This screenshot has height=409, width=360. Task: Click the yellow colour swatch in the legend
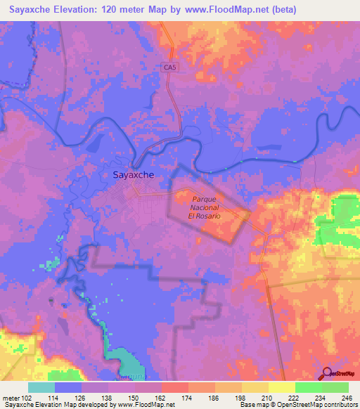tap(281, 387)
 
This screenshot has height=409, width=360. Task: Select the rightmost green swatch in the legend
tap(335, 387)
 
